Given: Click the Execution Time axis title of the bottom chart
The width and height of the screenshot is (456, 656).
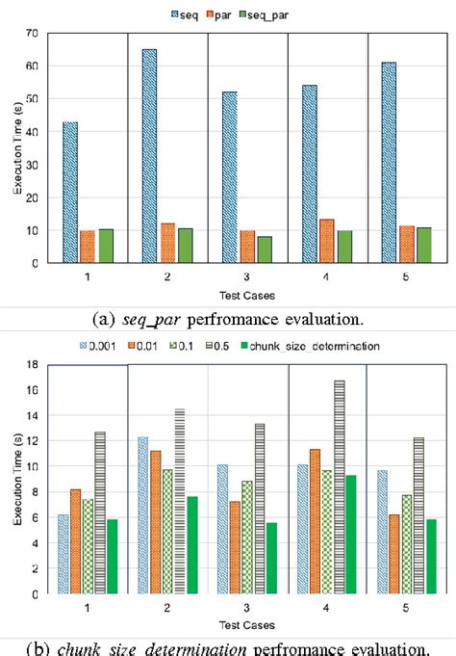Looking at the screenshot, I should point(15,482).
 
